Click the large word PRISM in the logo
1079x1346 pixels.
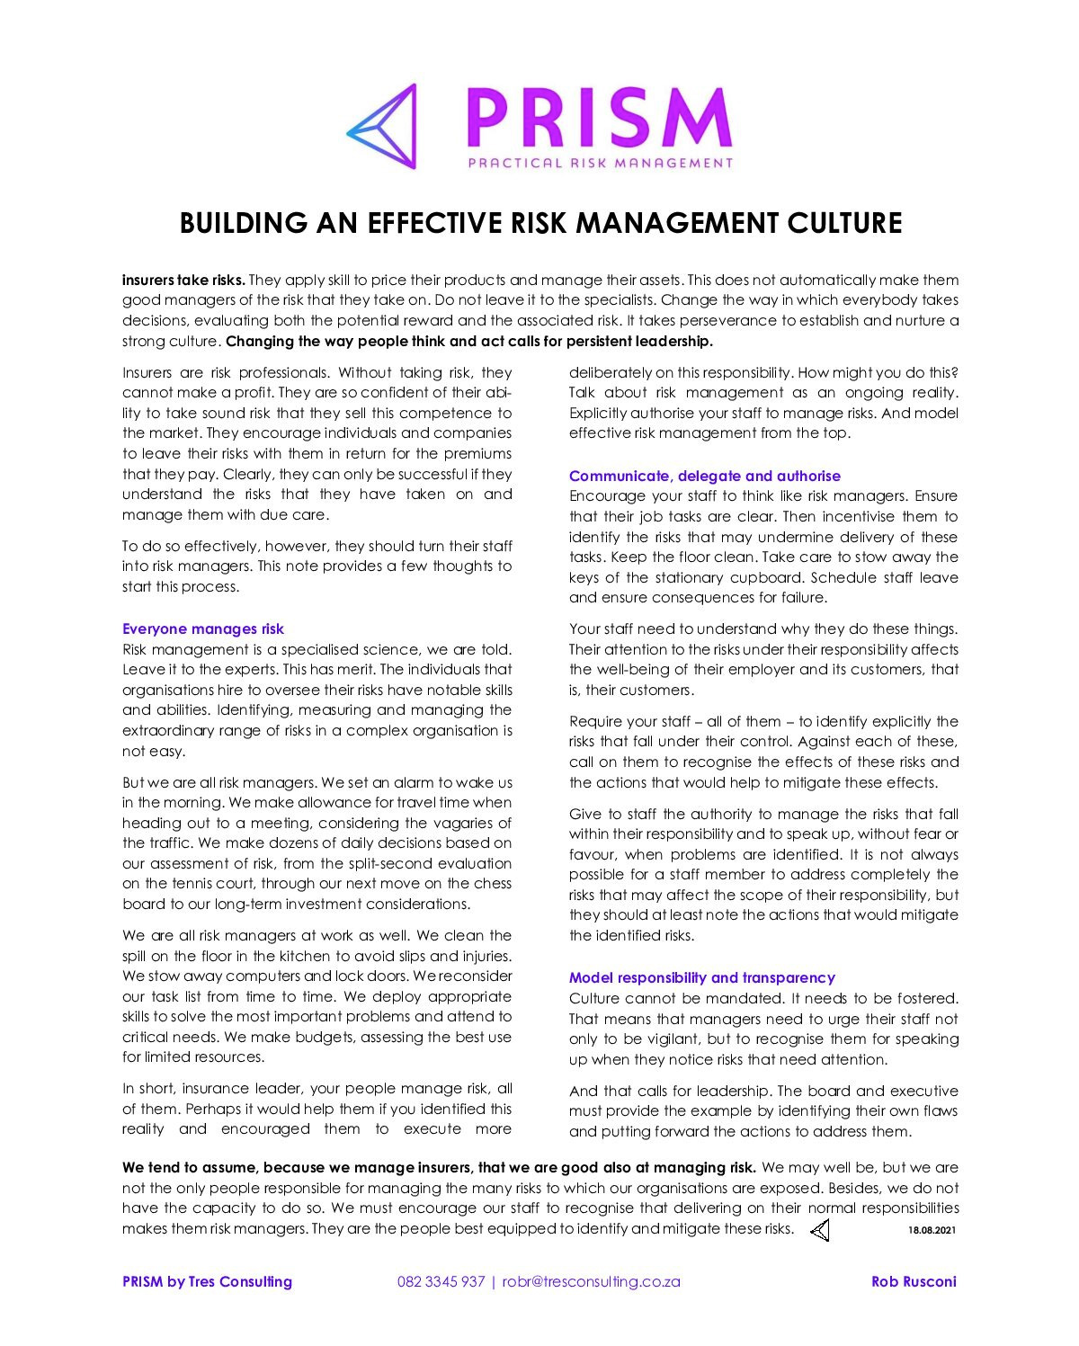click(x=600, y=119)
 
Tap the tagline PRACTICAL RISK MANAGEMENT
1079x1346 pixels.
click(x=600, y=164)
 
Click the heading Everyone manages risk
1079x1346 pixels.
click(x=203, y=628)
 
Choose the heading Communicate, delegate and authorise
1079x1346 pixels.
click(x=705, y=476)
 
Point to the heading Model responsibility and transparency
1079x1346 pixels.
click(x=702, y=977)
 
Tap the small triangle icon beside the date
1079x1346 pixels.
click(x=820, y=1230)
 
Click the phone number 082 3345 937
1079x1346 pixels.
click(x=441, y=1281)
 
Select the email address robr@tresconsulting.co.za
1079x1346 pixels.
click(x=592, y=1281)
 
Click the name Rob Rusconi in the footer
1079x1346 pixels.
click(x=914, y=1281)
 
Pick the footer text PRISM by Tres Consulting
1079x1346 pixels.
click(x=207, y=1281)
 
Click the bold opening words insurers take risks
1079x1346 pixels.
click(x=183, y=280)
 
